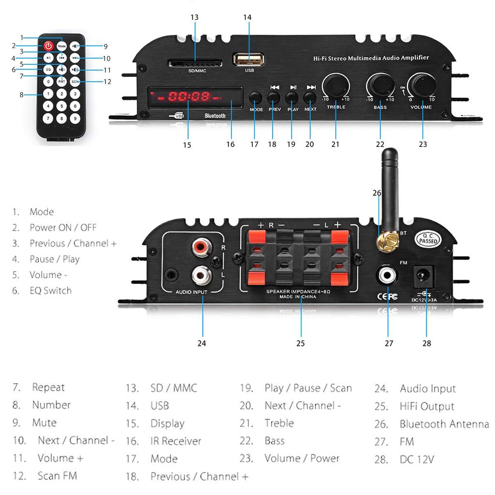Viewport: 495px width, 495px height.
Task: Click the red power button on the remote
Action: click(x=48, y=46)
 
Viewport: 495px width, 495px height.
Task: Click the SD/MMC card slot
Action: click(x=195, y=64)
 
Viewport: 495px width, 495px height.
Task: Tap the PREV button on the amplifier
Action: click(x=274, y=97)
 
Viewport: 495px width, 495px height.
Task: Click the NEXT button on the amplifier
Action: click(x=310, y=97)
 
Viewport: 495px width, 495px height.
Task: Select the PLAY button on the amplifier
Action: click(x=292, y=97)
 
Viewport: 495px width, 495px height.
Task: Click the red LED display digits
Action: click(x=189, y=96)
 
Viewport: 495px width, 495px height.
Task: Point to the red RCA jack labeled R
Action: click(x=200, y=248)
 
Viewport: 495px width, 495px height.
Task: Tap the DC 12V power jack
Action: click(x=422, y=277)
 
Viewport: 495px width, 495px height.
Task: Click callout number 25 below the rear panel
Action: click(x=300, y=343)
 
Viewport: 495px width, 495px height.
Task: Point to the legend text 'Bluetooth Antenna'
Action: click(x=444, y=424)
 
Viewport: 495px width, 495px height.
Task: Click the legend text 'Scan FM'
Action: click(x=57, y=476)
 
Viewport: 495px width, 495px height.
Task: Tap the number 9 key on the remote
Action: click(x=74, y=117)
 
